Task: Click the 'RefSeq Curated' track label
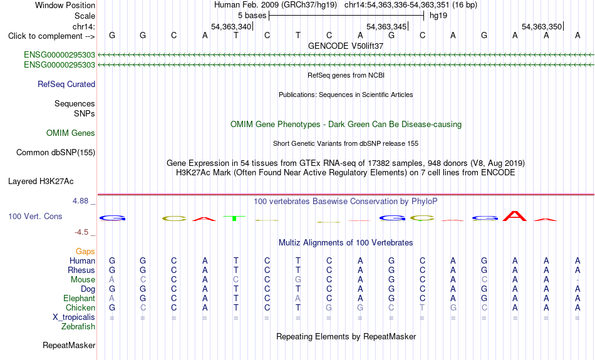pos(66,85)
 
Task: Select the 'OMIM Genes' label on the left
pos(71,133)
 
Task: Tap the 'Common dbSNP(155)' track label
pos(56,153)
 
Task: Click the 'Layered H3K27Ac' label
pos(41,182)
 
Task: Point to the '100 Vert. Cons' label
pos(35,216)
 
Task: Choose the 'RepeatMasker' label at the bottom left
pos(69,345)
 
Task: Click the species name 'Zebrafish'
pos(78,327)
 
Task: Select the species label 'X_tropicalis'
pos(74,317)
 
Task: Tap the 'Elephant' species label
pos(79,299)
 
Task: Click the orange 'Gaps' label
pos(85,252)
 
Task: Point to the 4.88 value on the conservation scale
pos(80,201)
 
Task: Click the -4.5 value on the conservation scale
pos(81,232)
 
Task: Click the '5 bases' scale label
pos(252,16)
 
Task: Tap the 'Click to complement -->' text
pos(51,36)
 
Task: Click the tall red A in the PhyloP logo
pos(515,216)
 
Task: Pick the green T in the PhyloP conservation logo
pos(235,218)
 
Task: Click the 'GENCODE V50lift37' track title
pos(346,46)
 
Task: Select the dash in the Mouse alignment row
pos(577,280)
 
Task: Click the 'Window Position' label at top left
pos(65,5)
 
